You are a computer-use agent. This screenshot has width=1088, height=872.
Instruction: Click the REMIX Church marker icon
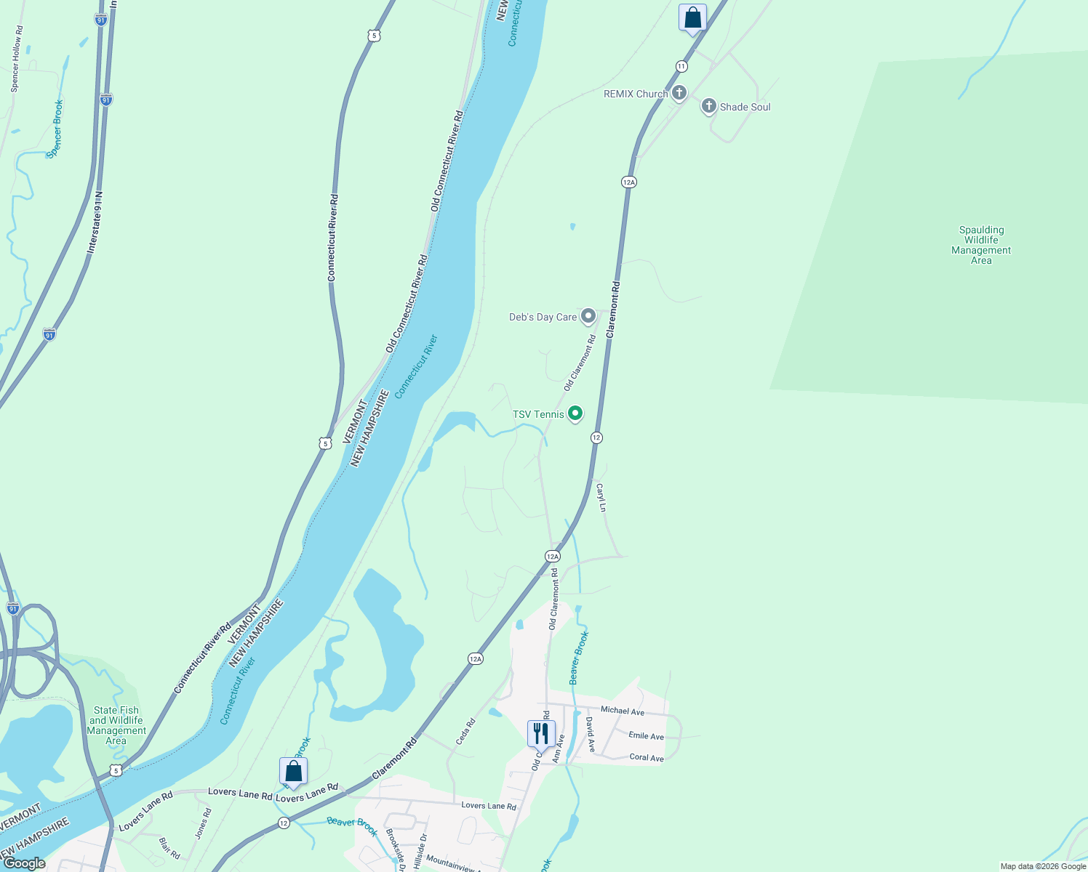pos(679,93)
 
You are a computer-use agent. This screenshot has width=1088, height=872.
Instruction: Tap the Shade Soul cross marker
pos(708,107)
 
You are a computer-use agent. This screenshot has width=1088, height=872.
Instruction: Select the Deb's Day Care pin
pos(588,316)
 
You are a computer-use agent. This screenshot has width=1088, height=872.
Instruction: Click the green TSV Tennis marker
pos(575,414)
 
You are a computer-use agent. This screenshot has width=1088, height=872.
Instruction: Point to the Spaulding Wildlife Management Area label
pos(981,245)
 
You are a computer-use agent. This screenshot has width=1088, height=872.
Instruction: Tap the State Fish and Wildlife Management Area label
pos(116,725)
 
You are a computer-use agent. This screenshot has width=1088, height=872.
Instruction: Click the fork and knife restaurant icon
pos(541,733)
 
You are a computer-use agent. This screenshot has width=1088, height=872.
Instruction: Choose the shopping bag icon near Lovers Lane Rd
pos(293,772)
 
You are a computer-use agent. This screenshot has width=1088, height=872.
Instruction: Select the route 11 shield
pos(681,66)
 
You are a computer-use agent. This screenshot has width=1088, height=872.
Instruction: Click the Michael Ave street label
pos(623,711)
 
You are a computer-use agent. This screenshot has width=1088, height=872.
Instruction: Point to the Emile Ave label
pos(646,736)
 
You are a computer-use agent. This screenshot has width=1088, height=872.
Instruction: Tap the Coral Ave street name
pos(647,757)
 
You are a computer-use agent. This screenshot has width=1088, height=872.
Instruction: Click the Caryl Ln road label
pos(601,497)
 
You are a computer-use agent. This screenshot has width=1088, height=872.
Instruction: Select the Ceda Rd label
pos(465,731)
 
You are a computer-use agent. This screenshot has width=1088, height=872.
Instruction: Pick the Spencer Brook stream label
pos(55,129)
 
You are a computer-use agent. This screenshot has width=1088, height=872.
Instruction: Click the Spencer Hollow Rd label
pos(17,59)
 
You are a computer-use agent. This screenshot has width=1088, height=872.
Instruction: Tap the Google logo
pos(24,863)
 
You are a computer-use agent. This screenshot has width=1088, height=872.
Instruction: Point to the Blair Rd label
pos(169,848)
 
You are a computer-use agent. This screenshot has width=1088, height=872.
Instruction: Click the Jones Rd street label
pos(203,824)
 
